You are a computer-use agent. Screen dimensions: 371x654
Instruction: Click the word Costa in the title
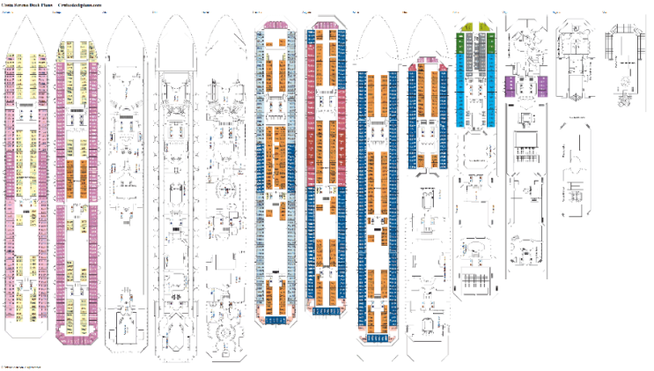click(7, 4)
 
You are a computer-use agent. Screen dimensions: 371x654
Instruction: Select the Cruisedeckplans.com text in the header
click(80, 4)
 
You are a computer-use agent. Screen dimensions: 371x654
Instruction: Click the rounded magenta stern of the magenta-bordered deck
click(77, 334)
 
